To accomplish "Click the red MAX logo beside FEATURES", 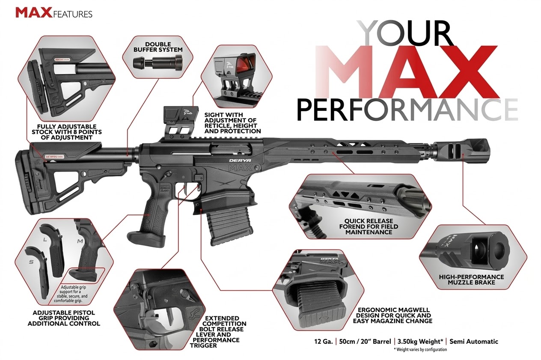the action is (x=34, y=13).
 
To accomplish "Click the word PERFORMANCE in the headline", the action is (x=407, y=110).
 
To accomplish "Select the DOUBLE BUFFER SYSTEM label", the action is (x=158, y=47).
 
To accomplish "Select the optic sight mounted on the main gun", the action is (x=181, y=123).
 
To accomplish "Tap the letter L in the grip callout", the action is (x=45, y=240).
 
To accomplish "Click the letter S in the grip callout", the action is (x=31, y=262).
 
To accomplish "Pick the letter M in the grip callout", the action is (x=80, y=241).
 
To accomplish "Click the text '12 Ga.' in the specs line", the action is (x=324, y=342).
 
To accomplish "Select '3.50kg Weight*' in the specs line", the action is (x=420, y=342).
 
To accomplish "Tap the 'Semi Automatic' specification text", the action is (x=474, y=342).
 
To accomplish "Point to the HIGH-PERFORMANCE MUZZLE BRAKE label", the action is (x=471, y=280).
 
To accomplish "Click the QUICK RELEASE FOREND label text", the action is (x=369, y=226).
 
